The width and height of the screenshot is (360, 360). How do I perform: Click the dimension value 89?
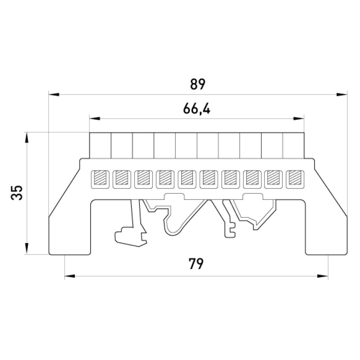(x=198, y=84)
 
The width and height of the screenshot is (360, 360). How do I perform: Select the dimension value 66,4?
(x=197, y=108)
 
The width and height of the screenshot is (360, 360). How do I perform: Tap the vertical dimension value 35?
(x=17, y=193)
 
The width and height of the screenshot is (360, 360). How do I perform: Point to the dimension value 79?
(x=196, y=264)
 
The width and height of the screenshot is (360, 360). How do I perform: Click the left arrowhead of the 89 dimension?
(x=54, y=94)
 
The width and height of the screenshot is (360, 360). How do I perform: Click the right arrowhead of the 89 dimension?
(x=342, y=94)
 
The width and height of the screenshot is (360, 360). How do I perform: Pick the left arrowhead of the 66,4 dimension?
(x=95, y=118)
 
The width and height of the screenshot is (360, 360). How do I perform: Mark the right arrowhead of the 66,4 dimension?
(x=299, y=118)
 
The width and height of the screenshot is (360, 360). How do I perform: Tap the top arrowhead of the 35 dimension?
(x=27, y=138)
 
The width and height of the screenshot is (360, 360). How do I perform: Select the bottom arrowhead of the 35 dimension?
(x=27, y=249)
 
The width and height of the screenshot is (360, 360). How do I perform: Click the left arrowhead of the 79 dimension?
(x=70, y=276)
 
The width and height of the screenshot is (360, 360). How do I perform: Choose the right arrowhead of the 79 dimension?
(x=323, y=276)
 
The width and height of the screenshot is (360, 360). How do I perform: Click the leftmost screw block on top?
(x=100, y=145)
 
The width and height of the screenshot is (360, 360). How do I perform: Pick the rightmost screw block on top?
(x=294, y=145)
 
